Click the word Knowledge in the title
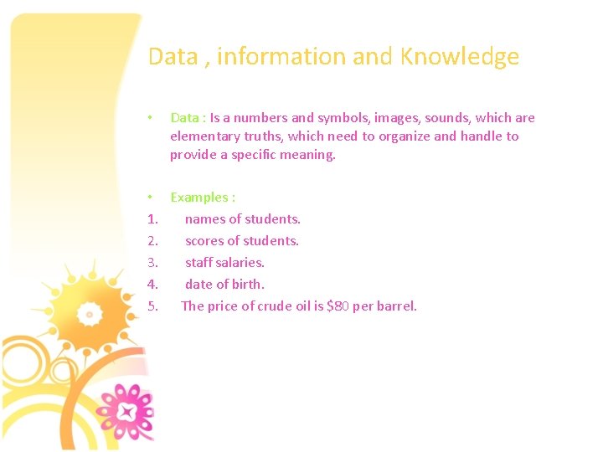coord(460,57)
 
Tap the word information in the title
coord(281,57)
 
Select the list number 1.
coord(152,219)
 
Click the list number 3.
coord(152,263)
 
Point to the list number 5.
coord(152,306)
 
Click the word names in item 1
coord(204,219)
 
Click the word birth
coord(248,285)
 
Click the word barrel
coord(396,306)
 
